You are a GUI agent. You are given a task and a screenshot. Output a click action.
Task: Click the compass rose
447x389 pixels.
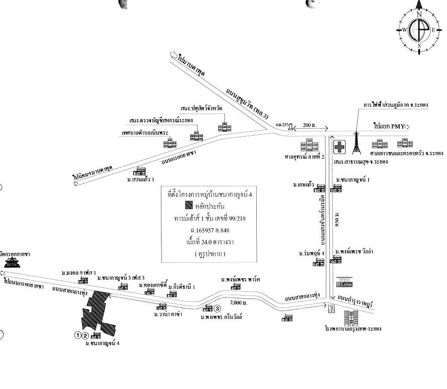(x=419, y=29)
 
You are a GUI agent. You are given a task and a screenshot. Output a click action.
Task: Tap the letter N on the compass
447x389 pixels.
(x=419, y=15)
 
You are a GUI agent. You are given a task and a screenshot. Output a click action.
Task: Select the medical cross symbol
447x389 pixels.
(x=340, y=148)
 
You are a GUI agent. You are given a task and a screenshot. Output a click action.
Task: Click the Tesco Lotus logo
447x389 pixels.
(x=345, y=284)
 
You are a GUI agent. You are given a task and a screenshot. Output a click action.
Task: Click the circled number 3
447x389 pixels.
(x=217, y=308)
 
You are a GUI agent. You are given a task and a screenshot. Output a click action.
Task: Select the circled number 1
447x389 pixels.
(x=77, y=335)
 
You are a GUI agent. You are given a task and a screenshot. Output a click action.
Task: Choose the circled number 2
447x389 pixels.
(x=85, y=335)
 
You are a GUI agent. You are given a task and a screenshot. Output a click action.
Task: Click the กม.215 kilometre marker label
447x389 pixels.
(x=281, y=124)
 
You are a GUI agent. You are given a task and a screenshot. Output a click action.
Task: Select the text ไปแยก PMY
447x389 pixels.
(x=390, y=126)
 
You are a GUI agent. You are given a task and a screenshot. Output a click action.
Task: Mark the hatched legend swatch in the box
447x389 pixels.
(x=189, y=205)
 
